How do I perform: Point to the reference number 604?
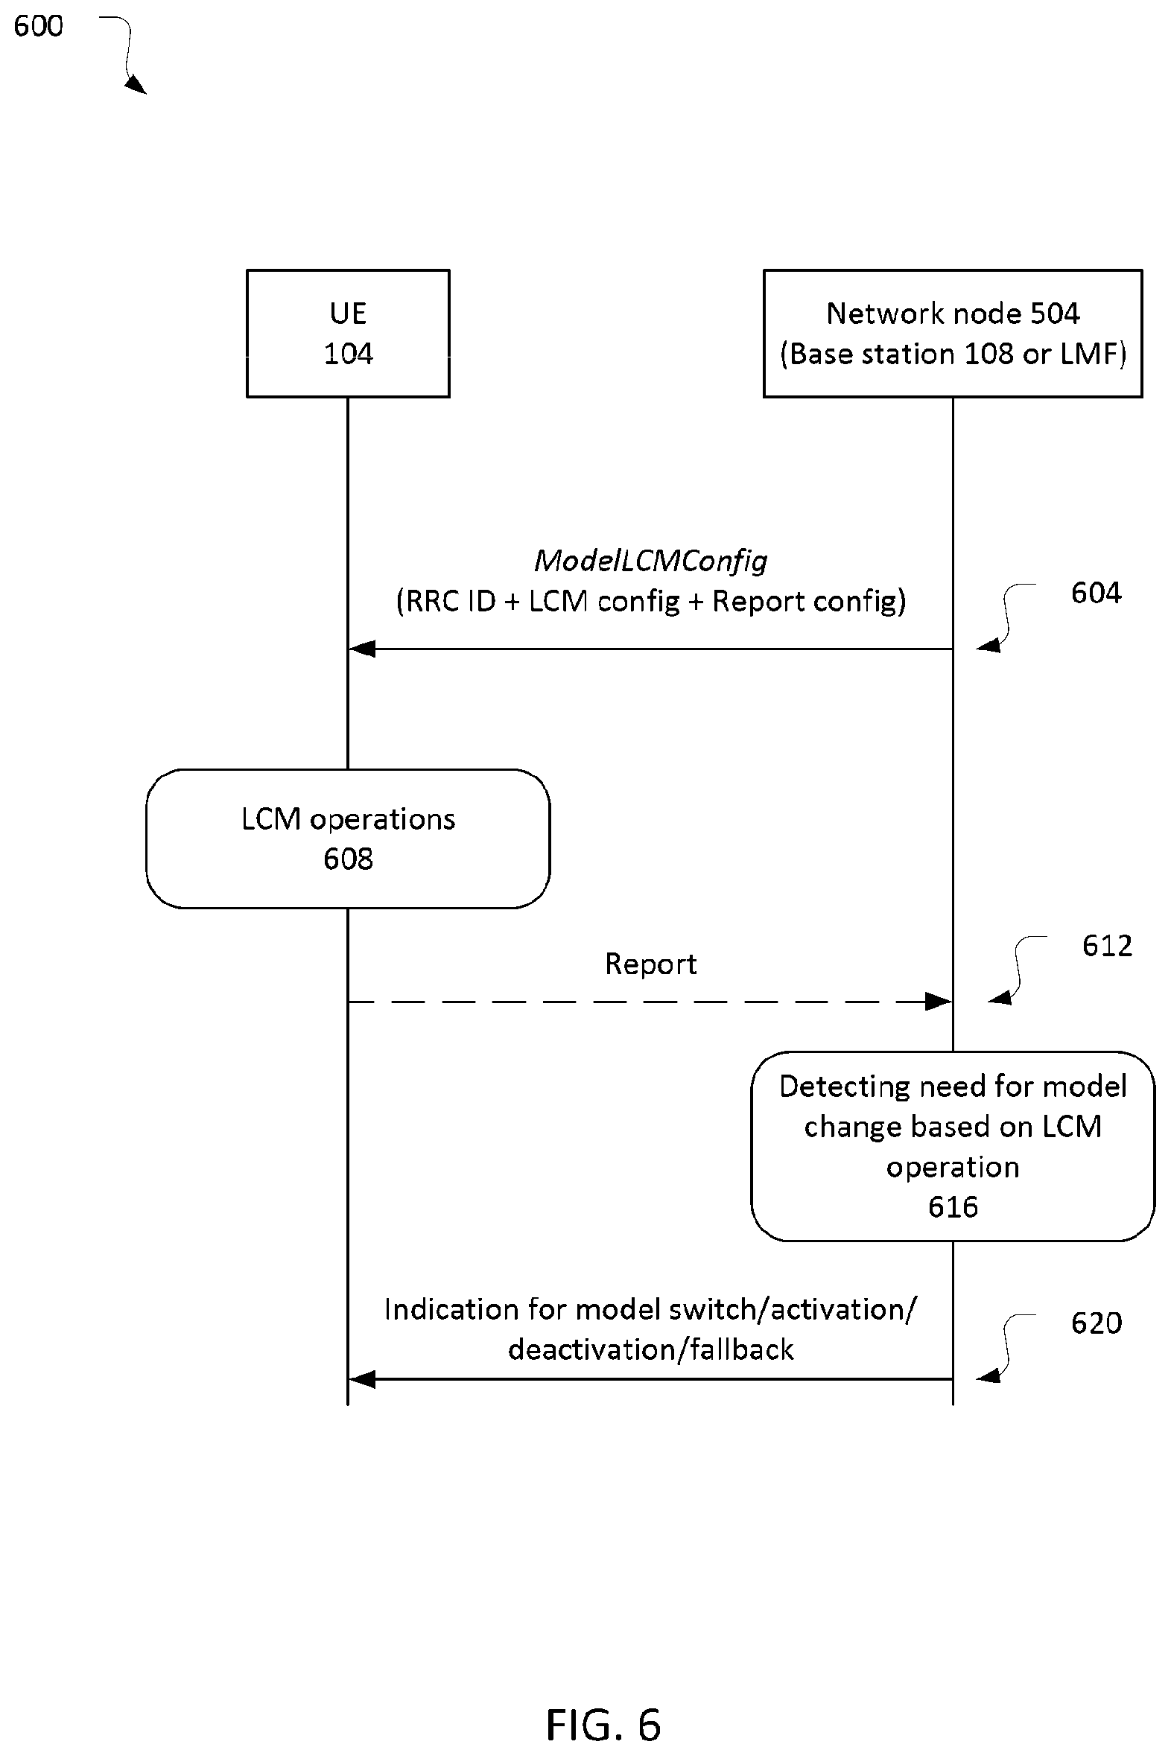[x=1096, y=593]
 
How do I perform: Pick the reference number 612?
[x=1107, y=946]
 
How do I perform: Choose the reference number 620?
[x=1097, y=1323]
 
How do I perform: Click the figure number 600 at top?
[x=39, y=26]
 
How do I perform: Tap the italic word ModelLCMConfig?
[x=650, y=562]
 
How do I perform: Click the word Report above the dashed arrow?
[x=650, y=964]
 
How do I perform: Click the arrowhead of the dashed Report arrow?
[x=939, y=1001]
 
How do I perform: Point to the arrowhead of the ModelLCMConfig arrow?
[x=361, y=649]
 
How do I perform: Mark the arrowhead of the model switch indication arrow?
[x=361, y=1379]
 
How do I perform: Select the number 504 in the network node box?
[x=1055, y=314]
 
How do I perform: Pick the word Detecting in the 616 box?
[x=844, y=1087]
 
